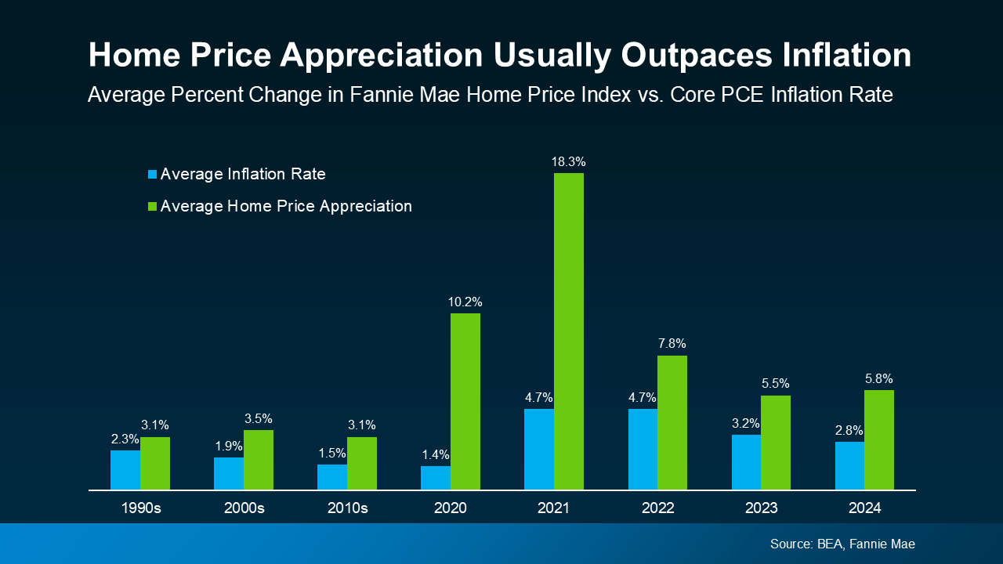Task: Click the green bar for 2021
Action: (x=569, y=331)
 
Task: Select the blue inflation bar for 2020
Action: (x=436, y=478)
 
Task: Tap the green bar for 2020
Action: (x=465, y=401)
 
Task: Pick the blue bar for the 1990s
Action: (x=125, y=470)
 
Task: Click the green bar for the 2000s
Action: (x=259, y=460)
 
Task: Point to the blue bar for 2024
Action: (x=849, y=465)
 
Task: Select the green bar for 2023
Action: (x=776, y=443)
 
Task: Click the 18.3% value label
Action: (x=569, y=162)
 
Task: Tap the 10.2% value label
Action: (x=465, y=302)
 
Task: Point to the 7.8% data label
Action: (x=672, y=344)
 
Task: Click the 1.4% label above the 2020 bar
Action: (x=436, y=455)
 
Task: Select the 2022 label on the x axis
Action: (x=657, y=508)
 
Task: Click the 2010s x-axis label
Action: (x=347, y=508)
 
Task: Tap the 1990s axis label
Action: (x=140, y=508)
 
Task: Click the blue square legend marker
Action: (x=153, y=175)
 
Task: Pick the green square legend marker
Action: (x=153, y=207)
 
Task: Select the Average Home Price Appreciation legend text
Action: (x=286, y=207)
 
